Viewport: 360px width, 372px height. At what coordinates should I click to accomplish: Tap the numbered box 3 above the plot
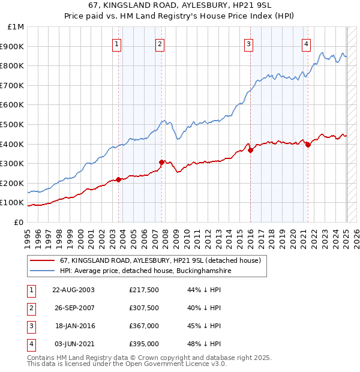coord(248,43)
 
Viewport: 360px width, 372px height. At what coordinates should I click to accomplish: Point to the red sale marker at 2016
coord(250,151)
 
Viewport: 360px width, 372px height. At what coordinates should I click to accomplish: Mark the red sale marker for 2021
coord(308,145)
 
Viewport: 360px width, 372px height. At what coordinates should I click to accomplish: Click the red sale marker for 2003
coord(119,179)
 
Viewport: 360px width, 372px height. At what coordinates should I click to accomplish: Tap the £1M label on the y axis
coord(16,27)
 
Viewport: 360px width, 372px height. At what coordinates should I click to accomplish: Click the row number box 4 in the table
coord(29,344)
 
